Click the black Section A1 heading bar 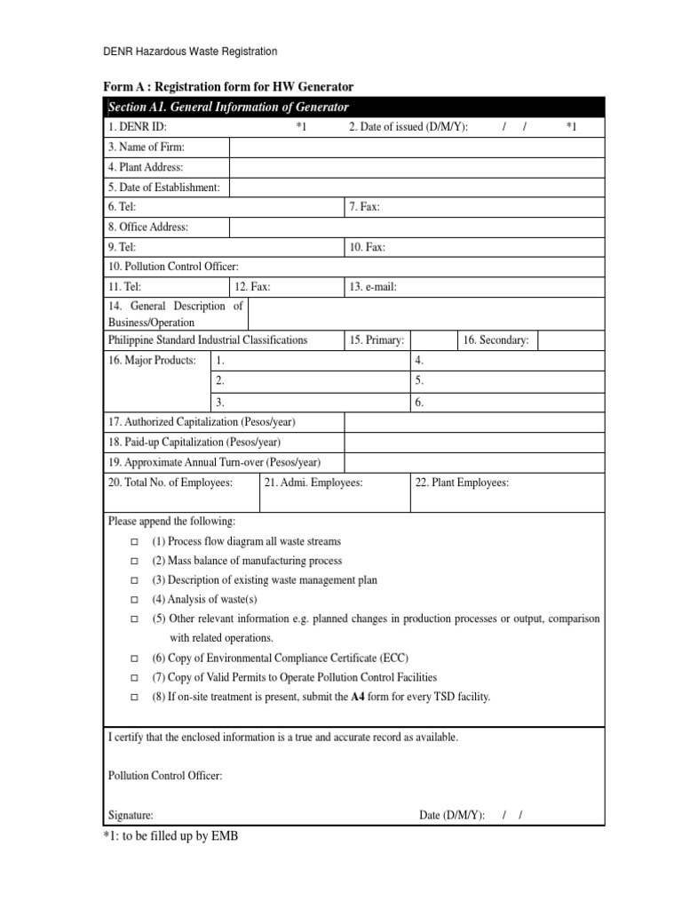click(354, 108)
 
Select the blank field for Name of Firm click(416, 148)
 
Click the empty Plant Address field click(416, 167)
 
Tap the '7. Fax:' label click(365, 207)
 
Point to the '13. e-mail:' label click(374, 286)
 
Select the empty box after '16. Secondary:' click(569, 340)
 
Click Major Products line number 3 click(219, 403)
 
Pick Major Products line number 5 click(419, 380)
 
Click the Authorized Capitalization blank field click(473, 422)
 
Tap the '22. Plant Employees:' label click(462, 483)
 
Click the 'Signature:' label click(131, 815)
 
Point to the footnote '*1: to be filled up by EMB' click(170, 836)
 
